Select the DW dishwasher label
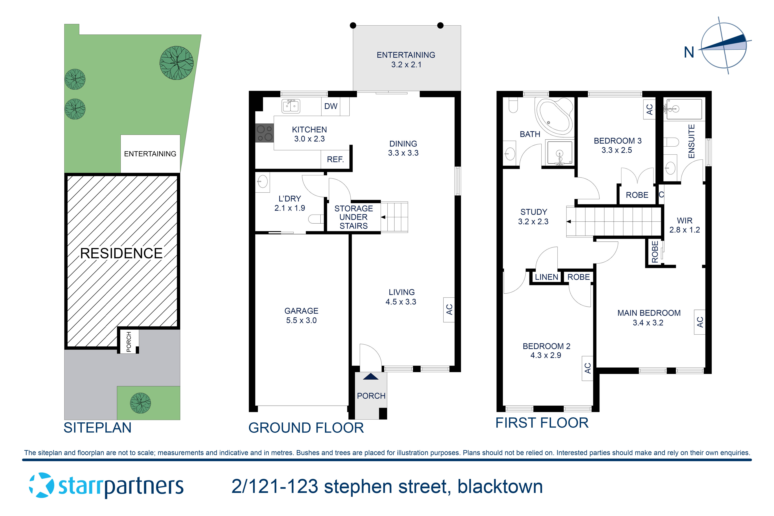331,106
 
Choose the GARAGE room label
301,311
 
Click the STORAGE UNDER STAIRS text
353,217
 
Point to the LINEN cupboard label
546,277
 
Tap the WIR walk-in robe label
684,220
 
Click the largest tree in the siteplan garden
176,63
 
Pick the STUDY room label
533,212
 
